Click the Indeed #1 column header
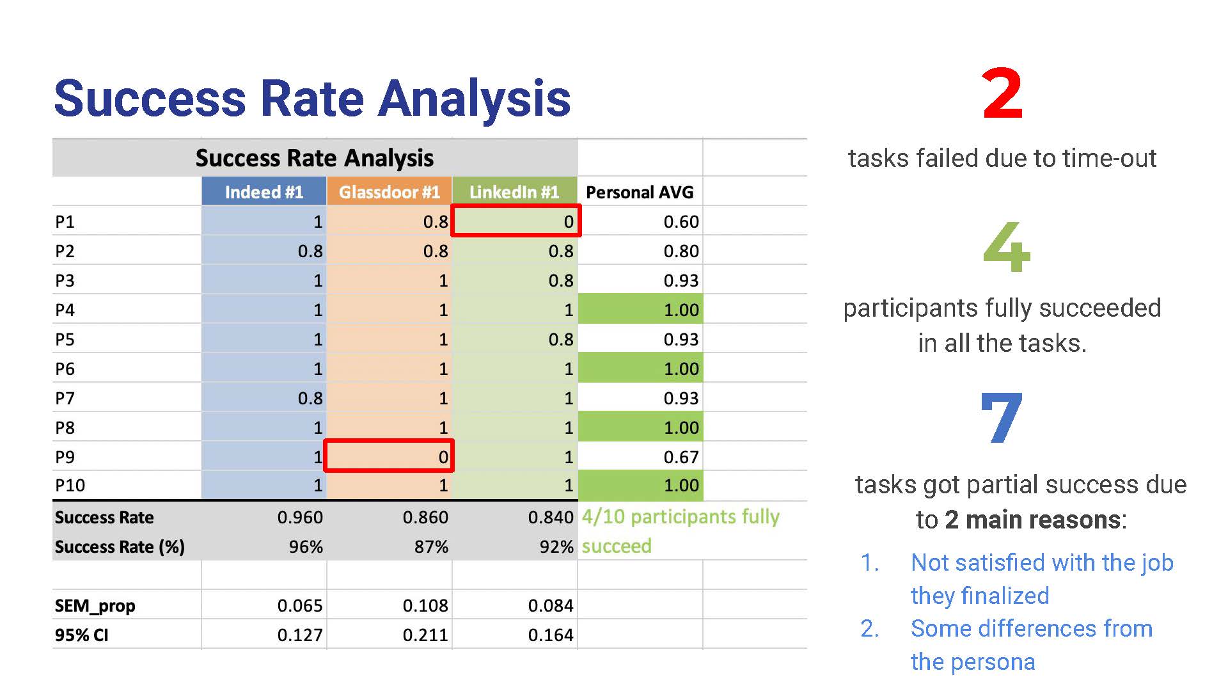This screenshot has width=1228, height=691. pyautogui.click(x=264, y=192)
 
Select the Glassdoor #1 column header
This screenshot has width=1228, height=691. pyautogui.click(x=389, y=192)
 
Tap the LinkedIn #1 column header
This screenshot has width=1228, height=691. pyautogui.click(x=514, y=192)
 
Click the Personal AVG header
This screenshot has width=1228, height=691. pyautogui.click(x=640, y=192)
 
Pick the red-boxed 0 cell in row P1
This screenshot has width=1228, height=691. pyautogui.click(x=516, y=221)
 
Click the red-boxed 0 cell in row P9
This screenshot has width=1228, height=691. pyautogui.click(x=389, y=456)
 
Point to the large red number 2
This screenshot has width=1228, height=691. pyautogui.click(x=1002, y=95)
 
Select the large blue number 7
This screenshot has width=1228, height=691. pyautogui.click(x=1002, y=418)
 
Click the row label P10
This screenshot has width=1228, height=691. pyautogui.click(x=70, y=486)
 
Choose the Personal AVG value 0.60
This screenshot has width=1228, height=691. pyautogui.click(x=681, y=222)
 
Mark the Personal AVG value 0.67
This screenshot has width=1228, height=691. pyautogui.click(x=681, y=457)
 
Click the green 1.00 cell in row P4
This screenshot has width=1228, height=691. pyautogui.click(x=641, y=310)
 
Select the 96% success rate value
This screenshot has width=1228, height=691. pyautogui.click(x=306, y=547)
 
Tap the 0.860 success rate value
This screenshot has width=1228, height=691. pyautogui.click(x=425, y=517)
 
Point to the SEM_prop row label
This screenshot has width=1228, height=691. pyautogui.click(x=95, y=606)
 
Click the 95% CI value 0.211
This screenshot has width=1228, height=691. pyautogui.click(x=425, y=635)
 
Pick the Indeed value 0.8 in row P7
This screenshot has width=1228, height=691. pyautogui.click(x=310, y=398)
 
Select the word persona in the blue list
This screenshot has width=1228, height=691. pyautogui.click(x=1004, y=662)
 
